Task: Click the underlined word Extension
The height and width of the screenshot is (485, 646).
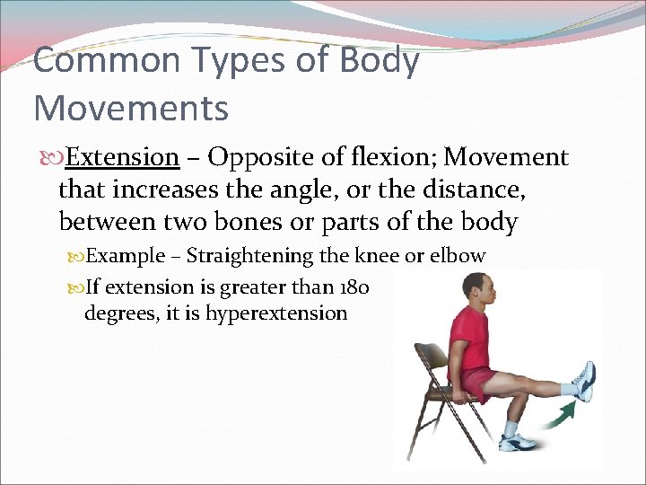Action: point(122,157)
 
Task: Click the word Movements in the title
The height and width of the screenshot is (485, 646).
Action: point(131,108)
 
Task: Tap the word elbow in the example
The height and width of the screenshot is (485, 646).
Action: point(458,256)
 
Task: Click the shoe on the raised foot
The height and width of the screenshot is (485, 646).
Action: point(584,381)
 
